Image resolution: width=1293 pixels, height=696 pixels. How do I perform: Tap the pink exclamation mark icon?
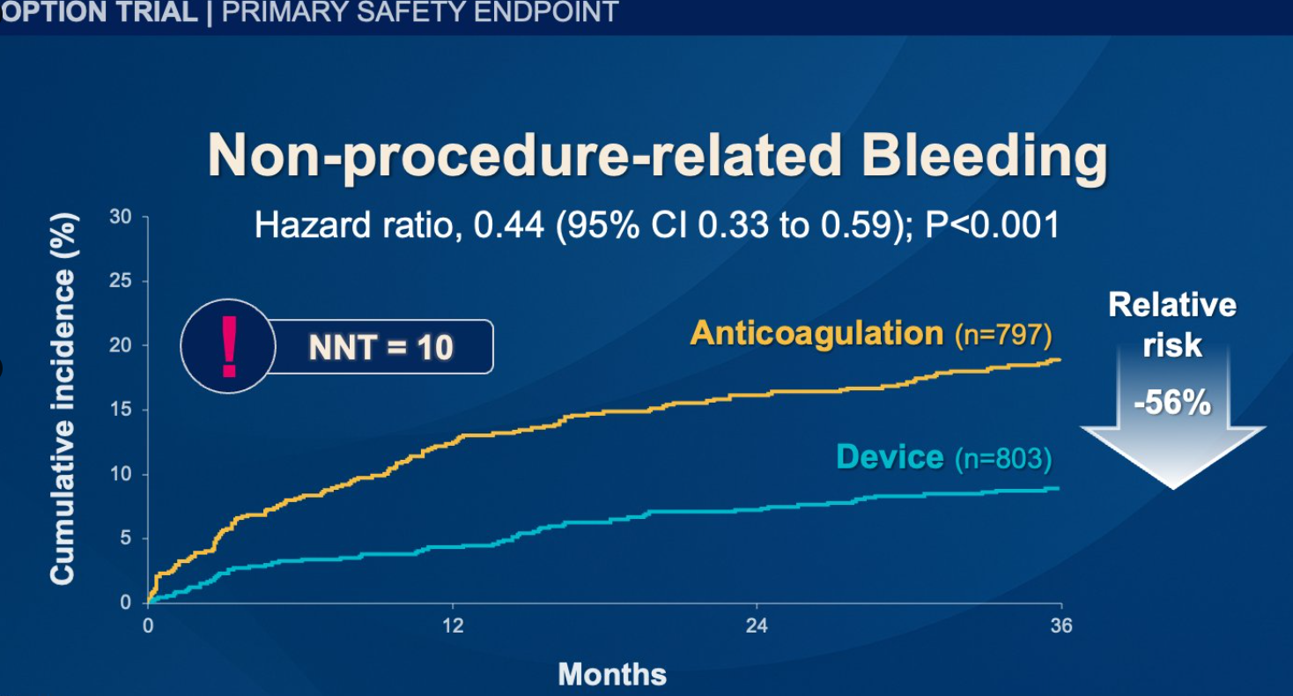pos(229,346)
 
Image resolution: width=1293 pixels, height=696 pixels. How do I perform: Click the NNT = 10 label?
pos(381,347)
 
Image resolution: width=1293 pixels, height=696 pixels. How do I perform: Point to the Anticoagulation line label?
pos(816,333)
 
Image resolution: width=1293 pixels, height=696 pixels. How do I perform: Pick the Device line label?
pos(890,457)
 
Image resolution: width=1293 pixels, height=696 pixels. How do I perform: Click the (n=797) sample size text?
pos(1003,335)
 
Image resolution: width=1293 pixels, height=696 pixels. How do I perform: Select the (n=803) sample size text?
pos(1003,459)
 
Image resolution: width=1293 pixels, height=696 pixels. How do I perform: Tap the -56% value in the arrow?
pos(1172,404)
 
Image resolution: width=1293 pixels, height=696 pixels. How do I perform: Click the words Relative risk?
pos(1172,324)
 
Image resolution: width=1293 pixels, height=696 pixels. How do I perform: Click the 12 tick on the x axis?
pos(452,626)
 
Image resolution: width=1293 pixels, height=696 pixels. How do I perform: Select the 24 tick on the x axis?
pos(757,626)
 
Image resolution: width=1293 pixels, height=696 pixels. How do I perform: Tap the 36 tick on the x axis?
pos(1061,626)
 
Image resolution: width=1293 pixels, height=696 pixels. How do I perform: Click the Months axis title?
pos(612,675)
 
